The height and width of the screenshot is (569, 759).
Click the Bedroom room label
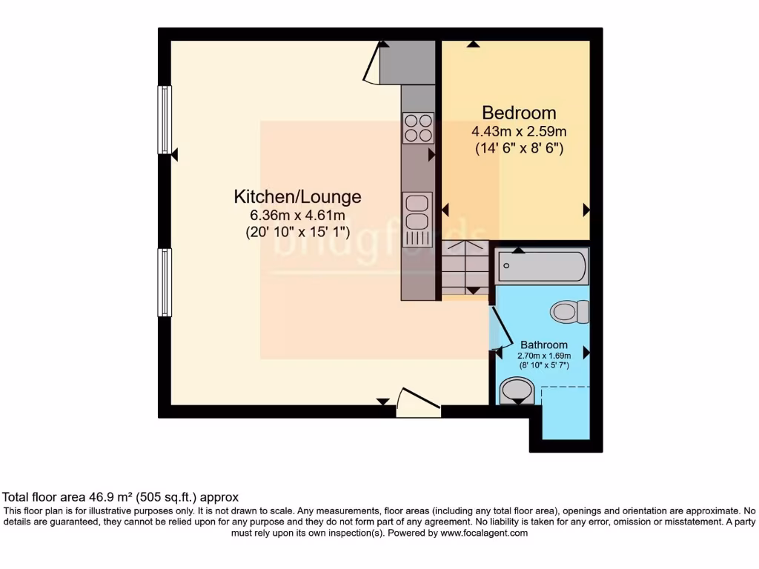(519, 113)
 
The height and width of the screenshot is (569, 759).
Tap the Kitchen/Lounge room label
(297, 196)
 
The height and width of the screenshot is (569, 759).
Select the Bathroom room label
(544, 345)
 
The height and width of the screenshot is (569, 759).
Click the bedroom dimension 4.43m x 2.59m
(519, 131)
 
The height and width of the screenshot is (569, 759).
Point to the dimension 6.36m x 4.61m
(297, 215)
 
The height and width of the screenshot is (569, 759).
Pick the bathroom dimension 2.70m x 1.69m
(544, 356)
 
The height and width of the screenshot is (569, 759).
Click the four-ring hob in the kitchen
(418, 127)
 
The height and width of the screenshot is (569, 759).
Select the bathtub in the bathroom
(543, 266)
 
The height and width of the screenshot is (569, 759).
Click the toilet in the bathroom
(571, 311)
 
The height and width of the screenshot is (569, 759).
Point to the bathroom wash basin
(517, 390)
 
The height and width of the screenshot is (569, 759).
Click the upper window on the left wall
(165, 120)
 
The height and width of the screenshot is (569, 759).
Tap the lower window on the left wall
(165, 282)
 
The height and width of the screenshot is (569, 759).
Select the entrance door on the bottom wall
(418, 404)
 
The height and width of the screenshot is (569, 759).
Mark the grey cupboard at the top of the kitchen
(407, 62)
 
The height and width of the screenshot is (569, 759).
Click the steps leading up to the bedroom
(465, 267)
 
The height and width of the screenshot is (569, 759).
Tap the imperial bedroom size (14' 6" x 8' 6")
(519, 147)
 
